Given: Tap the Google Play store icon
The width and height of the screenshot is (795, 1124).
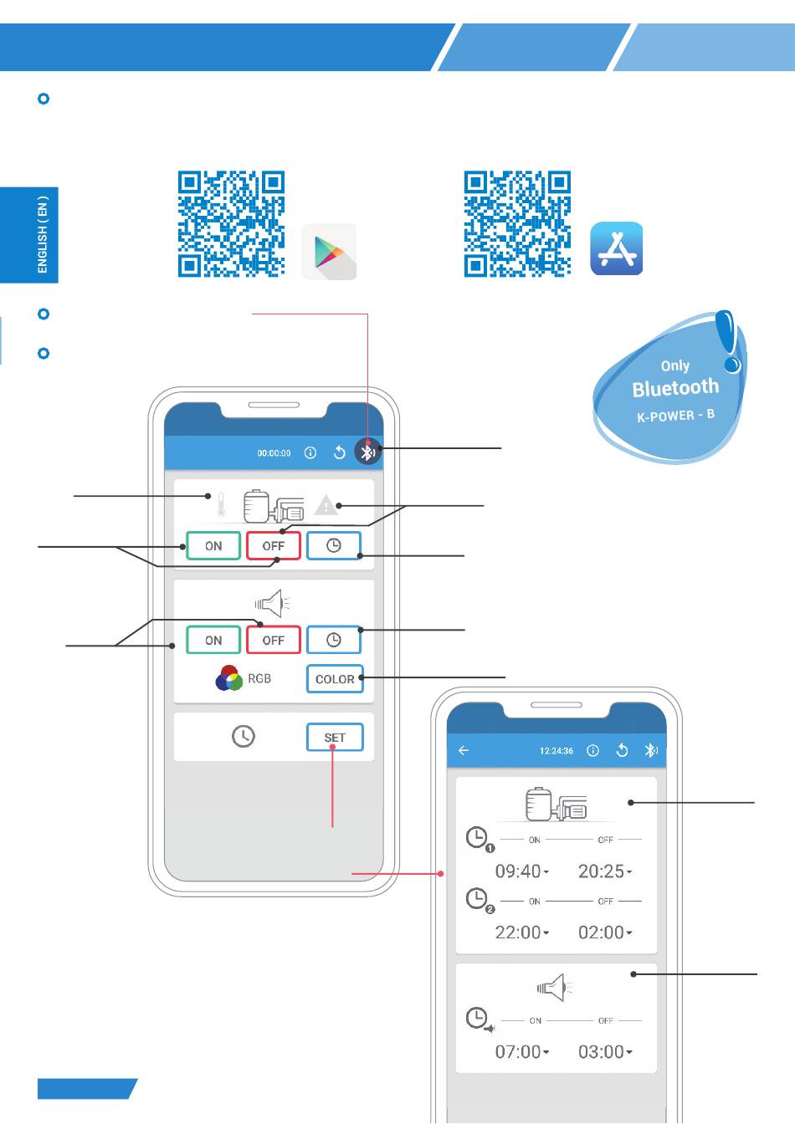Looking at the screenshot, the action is (x=329, y=251).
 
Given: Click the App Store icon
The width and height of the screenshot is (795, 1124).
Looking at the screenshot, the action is (x=617, y=248).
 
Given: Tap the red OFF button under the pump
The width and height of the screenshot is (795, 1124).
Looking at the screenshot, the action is (x=273, y=546).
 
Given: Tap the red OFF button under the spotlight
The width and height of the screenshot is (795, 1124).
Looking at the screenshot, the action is (x=273, y=641).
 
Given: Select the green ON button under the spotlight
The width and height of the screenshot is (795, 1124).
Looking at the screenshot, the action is (x=213, y=641).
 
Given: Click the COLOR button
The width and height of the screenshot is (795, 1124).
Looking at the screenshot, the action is (x=335, y=679).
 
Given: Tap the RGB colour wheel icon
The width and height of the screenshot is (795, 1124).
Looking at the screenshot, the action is (x=228, y=678).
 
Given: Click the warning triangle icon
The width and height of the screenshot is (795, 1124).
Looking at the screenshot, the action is (x=325, y=505).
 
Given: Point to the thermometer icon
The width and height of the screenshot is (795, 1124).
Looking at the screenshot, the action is (x=221, y=505).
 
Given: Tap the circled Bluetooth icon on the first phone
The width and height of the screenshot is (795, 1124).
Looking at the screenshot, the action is (x=367, y=452).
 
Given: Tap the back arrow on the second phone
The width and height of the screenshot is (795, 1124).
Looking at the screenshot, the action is (x=464, y=751).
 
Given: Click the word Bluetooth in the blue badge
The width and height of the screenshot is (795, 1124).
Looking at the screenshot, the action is (x=675, y=388).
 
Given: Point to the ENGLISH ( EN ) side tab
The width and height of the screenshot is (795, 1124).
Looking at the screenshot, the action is (x=42, y=235).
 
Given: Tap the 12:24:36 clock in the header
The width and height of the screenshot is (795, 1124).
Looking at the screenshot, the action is (x=556, y=751).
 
